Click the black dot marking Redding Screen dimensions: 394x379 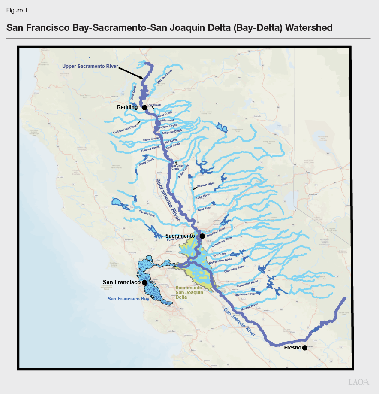(145, 107)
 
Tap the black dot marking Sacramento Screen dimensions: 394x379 (202, 236)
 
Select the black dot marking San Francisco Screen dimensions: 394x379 (145, 282)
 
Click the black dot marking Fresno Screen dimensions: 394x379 (304, 348)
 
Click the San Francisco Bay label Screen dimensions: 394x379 (128, 299)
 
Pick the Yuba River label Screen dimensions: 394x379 (203, 196)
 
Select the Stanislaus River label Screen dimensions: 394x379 (247, 283)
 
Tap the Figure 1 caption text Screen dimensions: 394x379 (16, 10)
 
